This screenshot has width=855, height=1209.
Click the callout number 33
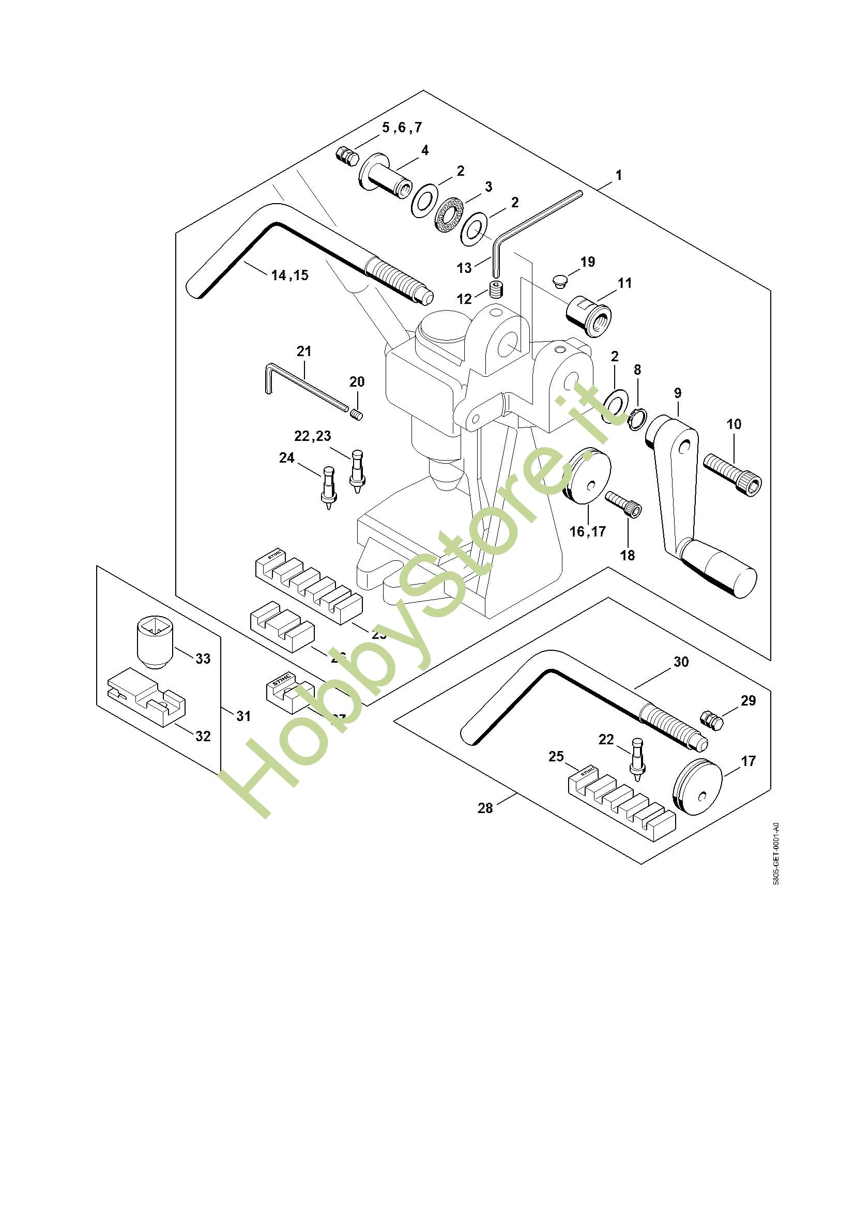click(203, 658)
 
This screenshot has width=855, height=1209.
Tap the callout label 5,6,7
click(402, 128)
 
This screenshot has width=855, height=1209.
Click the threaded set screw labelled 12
click(496, 289)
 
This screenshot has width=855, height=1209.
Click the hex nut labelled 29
click(711, 720)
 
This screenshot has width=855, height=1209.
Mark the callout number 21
click(304, 350)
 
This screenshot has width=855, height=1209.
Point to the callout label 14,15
click(289, 275)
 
